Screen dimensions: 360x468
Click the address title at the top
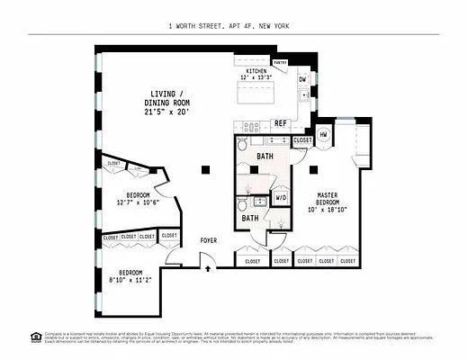tap(233, 26)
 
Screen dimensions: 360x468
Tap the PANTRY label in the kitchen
tap(280, 63)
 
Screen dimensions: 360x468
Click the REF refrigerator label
tap(281, 123)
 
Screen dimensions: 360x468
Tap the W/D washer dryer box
tap(281, 197)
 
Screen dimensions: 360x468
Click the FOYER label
tap(208, 240)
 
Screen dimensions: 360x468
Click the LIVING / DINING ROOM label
tap(163, 103)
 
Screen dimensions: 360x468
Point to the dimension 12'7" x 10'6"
tap(138, 202)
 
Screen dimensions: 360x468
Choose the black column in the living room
tap(206, 167)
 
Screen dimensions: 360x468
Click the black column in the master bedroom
tap(313, 167)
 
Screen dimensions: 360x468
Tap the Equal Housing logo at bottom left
tap(36, 337)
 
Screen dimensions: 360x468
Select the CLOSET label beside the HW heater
tap(302, 140)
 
